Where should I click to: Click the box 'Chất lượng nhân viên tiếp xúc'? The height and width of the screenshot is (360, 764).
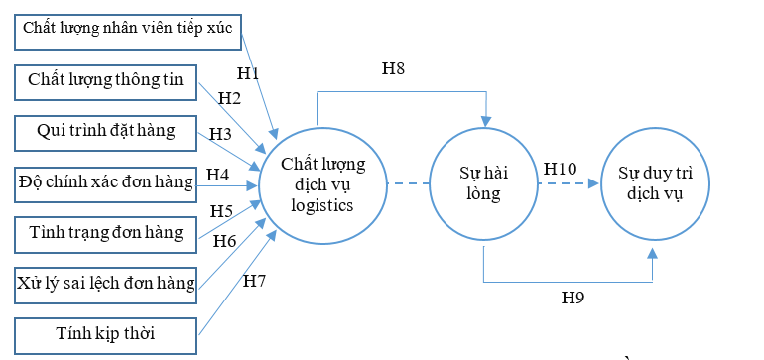coord(127,28)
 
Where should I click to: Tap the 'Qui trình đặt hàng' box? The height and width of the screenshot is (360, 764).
coord(106,131)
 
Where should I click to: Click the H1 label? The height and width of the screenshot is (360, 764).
coord(248,72)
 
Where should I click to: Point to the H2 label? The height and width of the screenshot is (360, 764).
coord(230,97)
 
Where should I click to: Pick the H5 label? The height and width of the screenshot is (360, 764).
coord(220,210)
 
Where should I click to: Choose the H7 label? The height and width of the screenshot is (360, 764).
coord(254,281)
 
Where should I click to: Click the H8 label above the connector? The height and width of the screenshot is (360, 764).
coord(394,68)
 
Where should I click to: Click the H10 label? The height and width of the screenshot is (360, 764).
coord(561,169)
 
